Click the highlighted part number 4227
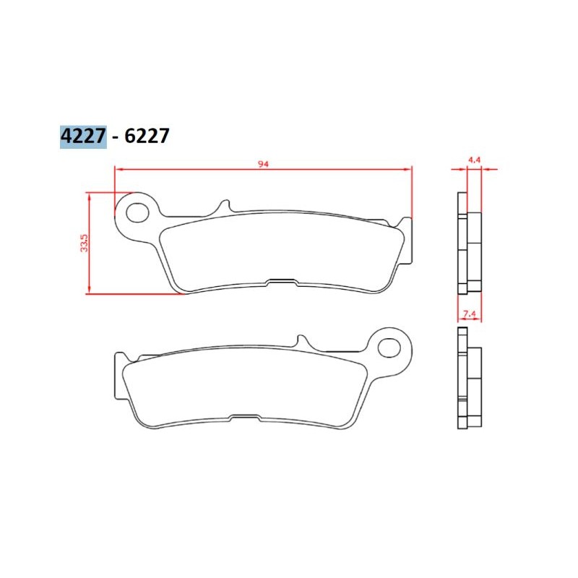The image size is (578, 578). point(83,136)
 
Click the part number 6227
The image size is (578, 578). point(147,136)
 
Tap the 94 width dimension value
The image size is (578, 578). point(263,164)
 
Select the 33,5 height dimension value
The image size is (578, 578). point(85,243)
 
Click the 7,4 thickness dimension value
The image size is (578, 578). point(469,314)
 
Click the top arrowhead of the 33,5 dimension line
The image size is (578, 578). point(88,197)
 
